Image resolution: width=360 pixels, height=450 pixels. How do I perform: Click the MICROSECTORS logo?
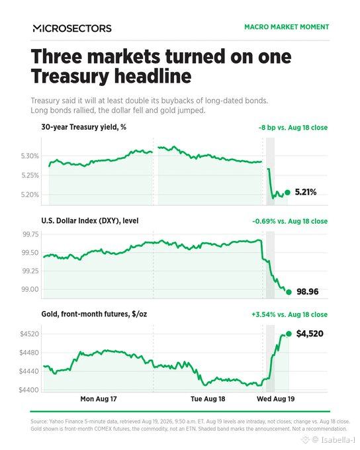click(x=72, y=28)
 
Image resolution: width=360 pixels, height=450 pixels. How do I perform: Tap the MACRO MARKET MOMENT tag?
click(x=287, y=27)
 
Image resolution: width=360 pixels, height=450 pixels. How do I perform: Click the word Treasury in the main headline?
click(x=70, y=76)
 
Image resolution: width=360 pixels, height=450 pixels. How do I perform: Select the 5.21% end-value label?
click(x=306, y=192)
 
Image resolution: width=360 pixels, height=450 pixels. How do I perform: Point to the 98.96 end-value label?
click(x=308, y=292)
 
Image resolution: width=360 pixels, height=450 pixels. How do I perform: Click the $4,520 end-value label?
click(x=310, y=334)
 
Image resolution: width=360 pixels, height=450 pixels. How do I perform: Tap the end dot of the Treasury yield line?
click(x=287, y=193)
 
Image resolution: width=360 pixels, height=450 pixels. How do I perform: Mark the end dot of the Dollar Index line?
click(x=289, y=292)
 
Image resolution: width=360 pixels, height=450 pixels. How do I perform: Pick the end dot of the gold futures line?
click(x=289, y=334)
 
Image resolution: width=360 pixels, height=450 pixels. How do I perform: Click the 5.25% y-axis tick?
click(x=30, y=175)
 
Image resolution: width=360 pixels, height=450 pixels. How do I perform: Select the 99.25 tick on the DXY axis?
click(x=30, y=271)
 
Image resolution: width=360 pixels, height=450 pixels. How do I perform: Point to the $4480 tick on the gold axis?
click(x=29, y=353)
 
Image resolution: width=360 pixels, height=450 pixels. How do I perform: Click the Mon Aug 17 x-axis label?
click(x=99, y=399)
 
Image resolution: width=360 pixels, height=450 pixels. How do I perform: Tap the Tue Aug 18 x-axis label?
click(x=208, y=399)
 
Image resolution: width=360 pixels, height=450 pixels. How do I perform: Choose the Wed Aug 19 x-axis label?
click(x=275, y=399)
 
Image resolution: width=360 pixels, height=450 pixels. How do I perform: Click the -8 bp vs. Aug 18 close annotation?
click(x=293, y=128)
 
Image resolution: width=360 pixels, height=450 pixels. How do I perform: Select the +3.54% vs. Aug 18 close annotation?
click(x=290, y=314)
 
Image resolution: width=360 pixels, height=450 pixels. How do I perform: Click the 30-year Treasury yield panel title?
click(x=84, y=127)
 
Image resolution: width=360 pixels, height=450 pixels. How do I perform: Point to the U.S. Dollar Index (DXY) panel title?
click(x=90, y=220)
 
